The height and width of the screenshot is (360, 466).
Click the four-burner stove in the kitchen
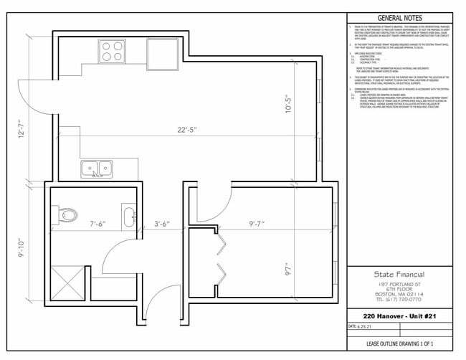coord(111,51)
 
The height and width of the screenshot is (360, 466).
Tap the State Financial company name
coord(399,275)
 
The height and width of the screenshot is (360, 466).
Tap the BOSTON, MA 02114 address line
coord(399,293)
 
